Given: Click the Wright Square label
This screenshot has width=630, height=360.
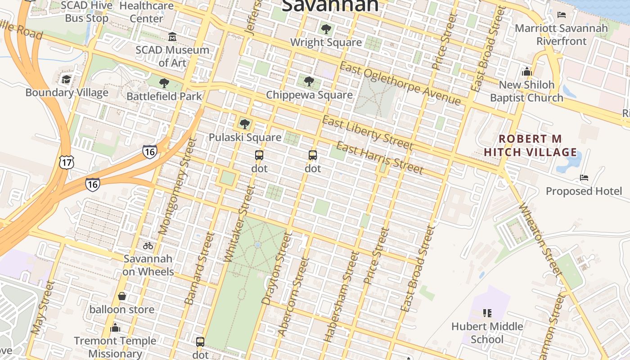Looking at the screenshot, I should coord(326,42).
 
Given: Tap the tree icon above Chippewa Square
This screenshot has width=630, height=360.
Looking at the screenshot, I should coord(309,81).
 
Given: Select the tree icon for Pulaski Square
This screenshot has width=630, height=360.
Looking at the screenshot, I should coord(244,124).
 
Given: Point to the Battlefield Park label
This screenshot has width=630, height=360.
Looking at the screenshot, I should coord(164,96).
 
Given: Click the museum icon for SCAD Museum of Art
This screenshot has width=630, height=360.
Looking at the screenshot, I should coord(172,36).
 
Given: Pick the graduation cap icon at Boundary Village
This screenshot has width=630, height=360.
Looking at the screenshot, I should coord(67,80).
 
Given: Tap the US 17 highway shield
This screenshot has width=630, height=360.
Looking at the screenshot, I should coord(66,162).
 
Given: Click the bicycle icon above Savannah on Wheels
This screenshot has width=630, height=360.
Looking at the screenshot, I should coord(148,246).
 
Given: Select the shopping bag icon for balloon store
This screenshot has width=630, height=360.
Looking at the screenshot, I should coord(121,296).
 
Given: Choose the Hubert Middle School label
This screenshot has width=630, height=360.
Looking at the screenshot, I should coord(487,333).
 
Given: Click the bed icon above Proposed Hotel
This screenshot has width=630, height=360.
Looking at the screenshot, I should coord(584,178).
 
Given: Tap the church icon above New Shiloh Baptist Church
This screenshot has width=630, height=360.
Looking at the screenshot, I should coord(526,72).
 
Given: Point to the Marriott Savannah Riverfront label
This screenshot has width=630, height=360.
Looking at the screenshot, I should coord(561,35).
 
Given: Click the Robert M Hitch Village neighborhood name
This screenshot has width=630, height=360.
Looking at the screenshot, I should coord(531,145).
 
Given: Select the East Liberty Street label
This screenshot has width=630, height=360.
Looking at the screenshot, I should coord(368,132).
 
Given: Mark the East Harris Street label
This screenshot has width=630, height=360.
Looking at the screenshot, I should coord(380,157).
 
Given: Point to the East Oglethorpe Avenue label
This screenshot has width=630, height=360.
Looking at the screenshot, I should coord(400,84).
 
